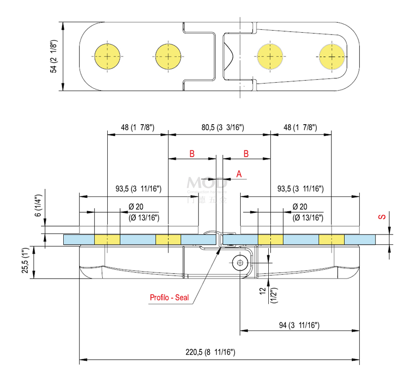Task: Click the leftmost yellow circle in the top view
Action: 107,56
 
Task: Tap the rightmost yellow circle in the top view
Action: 332,56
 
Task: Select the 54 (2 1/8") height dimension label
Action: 54,56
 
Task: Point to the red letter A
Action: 239,174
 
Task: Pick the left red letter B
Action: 192,153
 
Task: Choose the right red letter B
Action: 246,153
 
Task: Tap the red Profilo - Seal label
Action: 169,297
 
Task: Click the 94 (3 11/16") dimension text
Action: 299,325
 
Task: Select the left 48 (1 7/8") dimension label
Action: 138,127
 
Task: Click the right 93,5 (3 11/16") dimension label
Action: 300,189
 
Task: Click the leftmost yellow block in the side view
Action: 107,239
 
